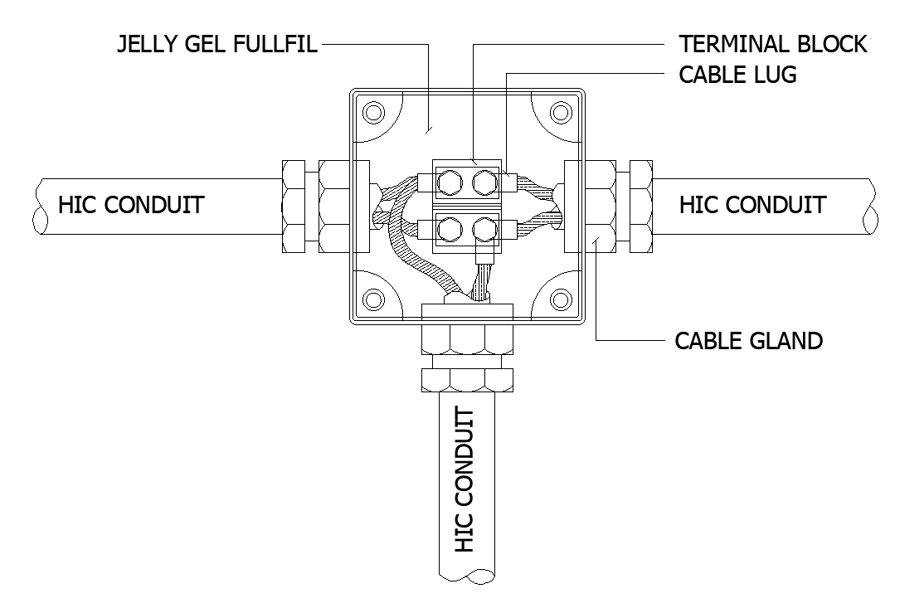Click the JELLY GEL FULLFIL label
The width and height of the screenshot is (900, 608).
pyautogui.click(x=217, y=44)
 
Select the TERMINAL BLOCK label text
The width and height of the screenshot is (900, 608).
pyautogui.click(x=772, y=44)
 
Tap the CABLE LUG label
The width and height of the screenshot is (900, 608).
pyautogui.click(x=737, y=75)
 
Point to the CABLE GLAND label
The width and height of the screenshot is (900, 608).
pyautogui.click(x=748, y=341)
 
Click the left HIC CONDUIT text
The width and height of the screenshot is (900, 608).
pyautogui.click(x=131, y=205)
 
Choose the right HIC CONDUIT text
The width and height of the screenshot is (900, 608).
pyautogui.click(x=752, y=205)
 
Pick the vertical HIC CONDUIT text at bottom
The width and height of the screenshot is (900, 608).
pyautogui.click(x=465, y=480)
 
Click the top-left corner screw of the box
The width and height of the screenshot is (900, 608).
pyautogui.click(x=373, y=112)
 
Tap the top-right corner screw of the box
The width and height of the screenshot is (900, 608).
pyautogui.click(x=561, y=112)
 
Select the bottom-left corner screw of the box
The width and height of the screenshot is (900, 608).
pyautogui.click(x=373, y=299)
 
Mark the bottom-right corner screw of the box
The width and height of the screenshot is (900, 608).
pyautogui.click(x=561, y=299)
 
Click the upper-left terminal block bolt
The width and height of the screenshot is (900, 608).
pyautogui.click(x=449, y=182)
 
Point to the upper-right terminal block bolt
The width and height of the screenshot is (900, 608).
pyautogui.click(x=485, y=182)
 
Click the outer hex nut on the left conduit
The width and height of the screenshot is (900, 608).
pyautogui.click(x=294, y=207)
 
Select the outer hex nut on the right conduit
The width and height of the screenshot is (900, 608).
pyautogui.click(x=641, y=207)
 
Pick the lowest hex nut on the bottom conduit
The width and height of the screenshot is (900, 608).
pyautogui.click(x=467, y=380)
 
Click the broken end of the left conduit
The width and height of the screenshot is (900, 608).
pyautogui.click(x=40, y=207)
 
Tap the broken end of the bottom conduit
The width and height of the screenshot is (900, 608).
pyautogui.click(x=467, y=576)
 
